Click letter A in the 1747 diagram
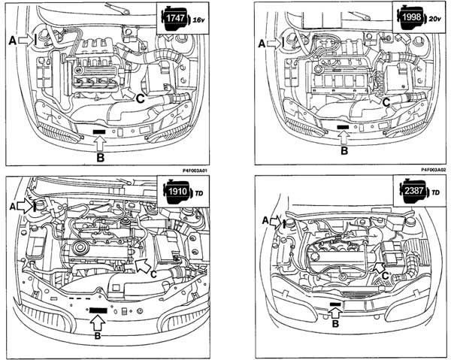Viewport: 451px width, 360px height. pyautogui.click(x=12, y=38)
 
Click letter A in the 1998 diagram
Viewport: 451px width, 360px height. pyautogui.click(x=262, y=44)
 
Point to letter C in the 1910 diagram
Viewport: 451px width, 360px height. pyautogui.click(x=153, y=275)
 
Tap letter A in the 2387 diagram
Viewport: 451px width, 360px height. pyautogui.click(x=266, y=220)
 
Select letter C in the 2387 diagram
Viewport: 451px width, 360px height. pyautogui.click(x=385, y=277)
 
